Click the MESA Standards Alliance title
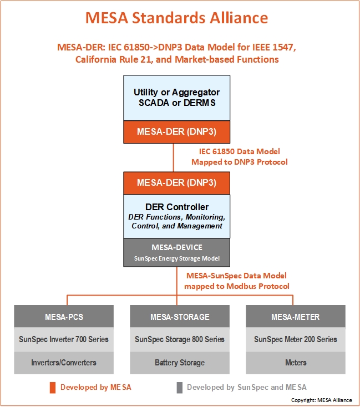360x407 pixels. point(176,18)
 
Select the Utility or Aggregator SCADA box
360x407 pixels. point(176,98)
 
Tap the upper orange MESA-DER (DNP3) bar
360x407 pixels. point(176,132)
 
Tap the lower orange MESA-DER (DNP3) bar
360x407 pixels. point(176,183)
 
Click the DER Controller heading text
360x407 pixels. point(176,207)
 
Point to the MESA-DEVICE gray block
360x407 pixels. point(176,252)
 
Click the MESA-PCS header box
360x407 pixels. point(64,316)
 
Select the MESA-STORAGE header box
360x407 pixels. point(180,316)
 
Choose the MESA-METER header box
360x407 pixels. point(296,316)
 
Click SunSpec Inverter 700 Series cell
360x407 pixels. point(64,339)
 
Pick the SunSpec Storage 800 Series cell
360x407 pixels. point(180,339)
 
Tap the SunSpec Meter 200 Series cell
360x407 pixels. point(296,339)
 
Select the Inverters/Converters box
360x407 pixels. point(64,363)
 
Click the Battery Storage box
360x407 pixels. point(180,363)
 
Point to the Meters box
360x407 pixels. point(296,363)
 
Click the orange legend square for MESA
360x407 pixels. point(53,388)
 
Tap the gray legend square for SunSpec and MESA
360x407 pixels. point(180,388)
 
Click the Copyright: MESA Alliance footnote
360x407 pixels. point(322,400)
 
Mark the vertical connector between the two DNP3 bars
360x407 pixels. point(174,157)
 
